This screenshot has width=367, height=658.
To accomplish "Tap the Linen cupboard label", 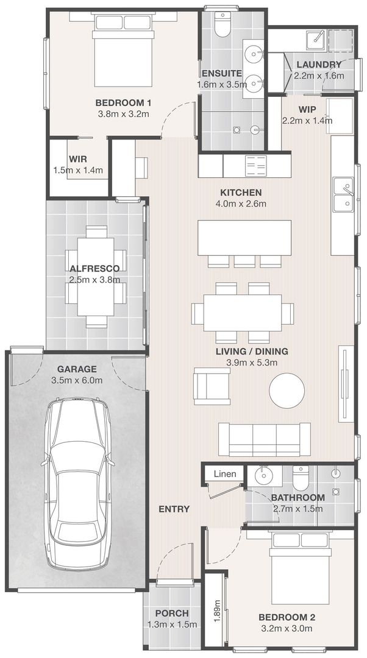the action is click(x=225, y=474).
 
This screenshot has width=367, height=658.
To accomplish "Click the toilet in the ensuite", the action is click(x=221, y=25).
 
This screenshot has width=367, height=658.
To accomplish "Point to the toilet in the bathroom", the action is click(x=301, y=478).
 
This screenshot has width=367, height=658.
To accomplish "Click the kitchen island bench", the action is click(x=245, y=238).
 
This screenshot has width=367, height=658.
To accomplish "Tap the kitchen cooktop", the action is click(x=255, y=166).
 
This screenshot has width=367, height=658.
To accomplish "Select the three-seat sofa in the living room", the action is click(x=265, y=439).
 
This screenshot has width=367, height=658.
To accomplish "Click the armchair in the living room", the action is click(x=212, y=386).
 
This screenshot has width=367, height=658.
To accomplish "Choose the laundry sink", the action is click(x=316, y=40).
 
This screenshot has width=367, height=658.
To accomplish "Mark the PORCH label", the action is click(x=172, y=613).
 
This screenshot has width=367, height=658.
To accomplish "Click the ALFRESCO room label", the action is click(x=95, y=269).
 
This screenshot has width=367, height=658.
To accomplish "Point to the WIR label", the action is click(x=78, y=159).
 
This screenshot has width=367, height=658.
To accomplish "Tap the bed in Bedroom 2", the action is click(x=301, y=568).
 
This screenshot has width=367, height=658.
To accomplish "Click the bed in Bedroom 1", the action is click(x=123, y=50).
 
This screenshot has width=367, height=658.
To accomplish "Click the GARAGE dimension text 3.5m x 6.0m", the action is click(x=77, y=381).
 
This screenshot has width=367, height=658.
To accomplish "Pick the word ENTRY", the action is click(x=174, y=509).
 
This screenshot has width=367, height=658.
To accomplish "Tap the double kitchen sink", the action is click(x=343, y=195).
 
